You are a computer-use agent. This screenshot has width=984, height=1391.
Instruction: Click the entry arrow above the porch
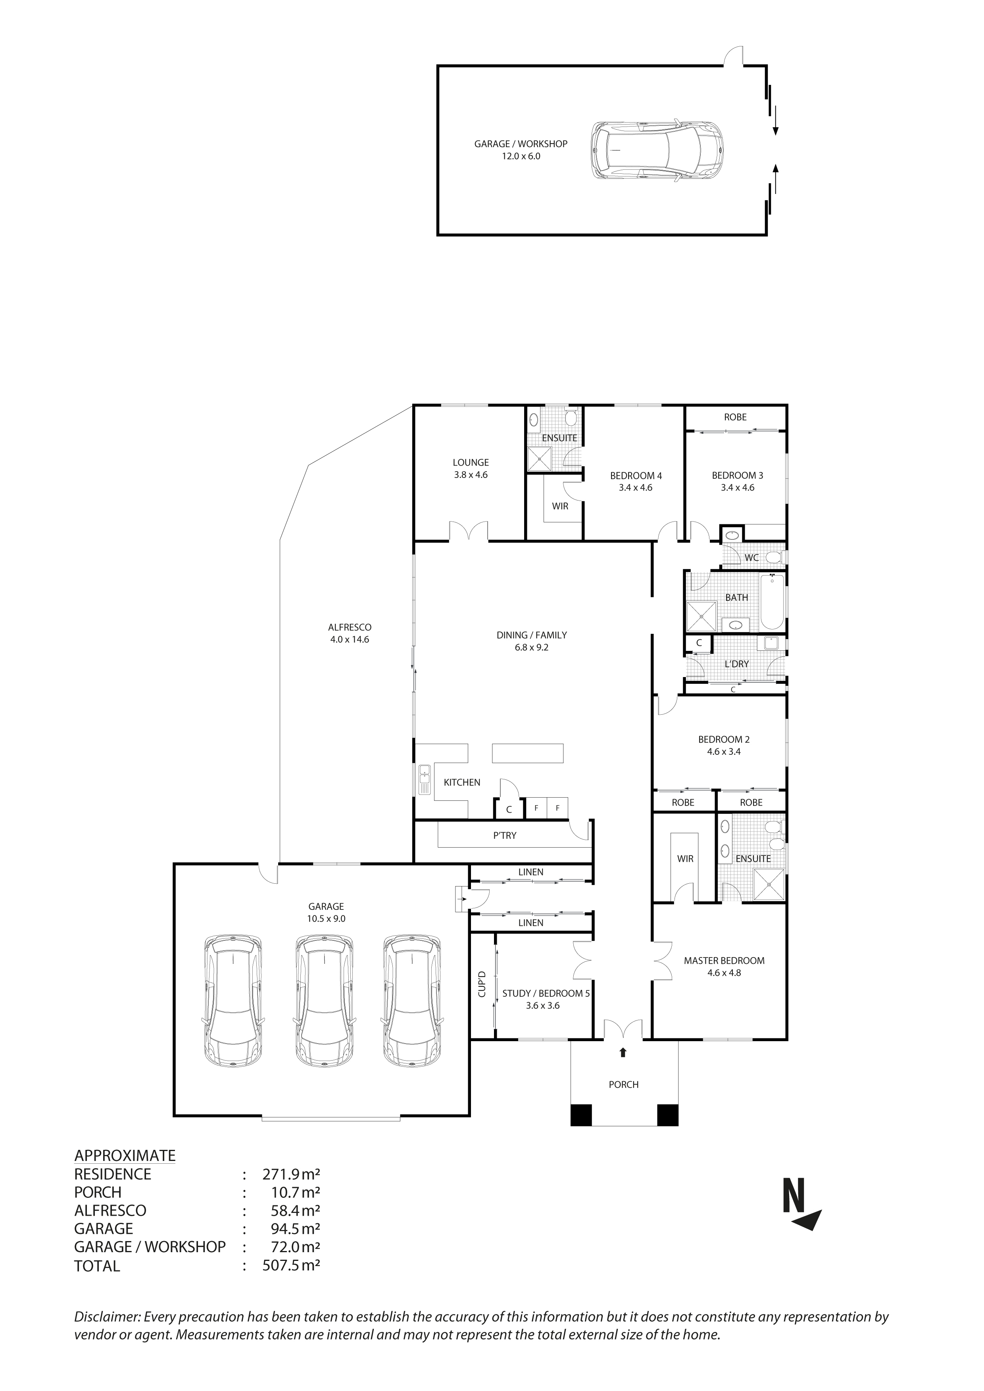(x=623, y=1052)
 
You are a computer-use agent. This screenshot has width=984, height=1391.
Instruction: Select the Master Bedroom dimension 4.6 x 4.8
(x=724, y=973)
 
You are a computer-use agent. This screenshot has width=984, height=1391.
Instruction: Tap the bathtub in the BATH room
(x=772, y=602)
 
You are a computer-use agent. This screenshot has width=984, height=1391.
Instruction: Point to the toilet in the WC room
(x=774, y=557)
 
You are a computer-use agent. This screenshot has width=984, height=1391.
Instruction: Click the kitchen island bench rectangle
(x=527, y=753)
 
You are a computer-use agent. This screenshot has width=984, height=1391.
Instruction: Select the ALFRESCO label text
(x=350, y=627)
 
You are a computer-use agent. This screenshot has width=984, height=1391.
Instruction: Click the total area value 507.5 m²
(x=291, y=1266)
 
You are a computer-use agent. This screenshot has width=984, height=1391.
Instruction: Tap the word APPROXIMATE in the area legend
(x=125, y=1155)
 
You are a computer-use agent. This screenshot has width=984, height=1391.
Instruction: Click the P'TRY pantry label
(x=505, y=835)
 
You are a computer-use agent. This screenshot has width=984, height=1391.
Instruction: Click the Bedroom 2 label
(x=723, y=739)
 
